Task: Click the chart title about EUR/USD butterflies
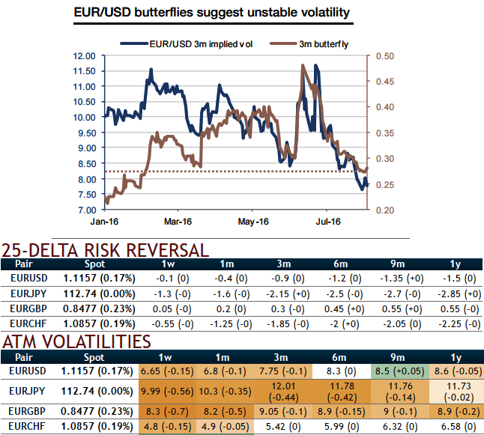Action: [212, 13]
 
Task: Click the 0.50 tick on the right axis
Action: [384, 56]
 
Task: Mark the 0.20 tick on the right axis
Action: [384, 210]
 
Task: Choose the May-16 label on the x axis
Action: [252, 222]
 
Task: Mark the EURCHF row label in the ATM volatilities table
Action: [29, 428]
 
